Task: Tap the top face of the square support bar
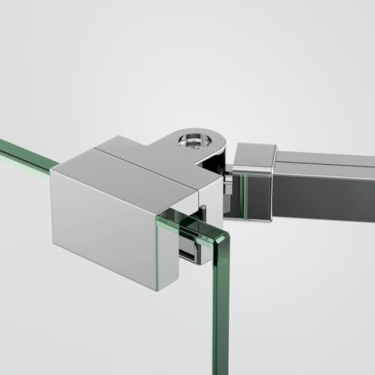click(x=322, y=159)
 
